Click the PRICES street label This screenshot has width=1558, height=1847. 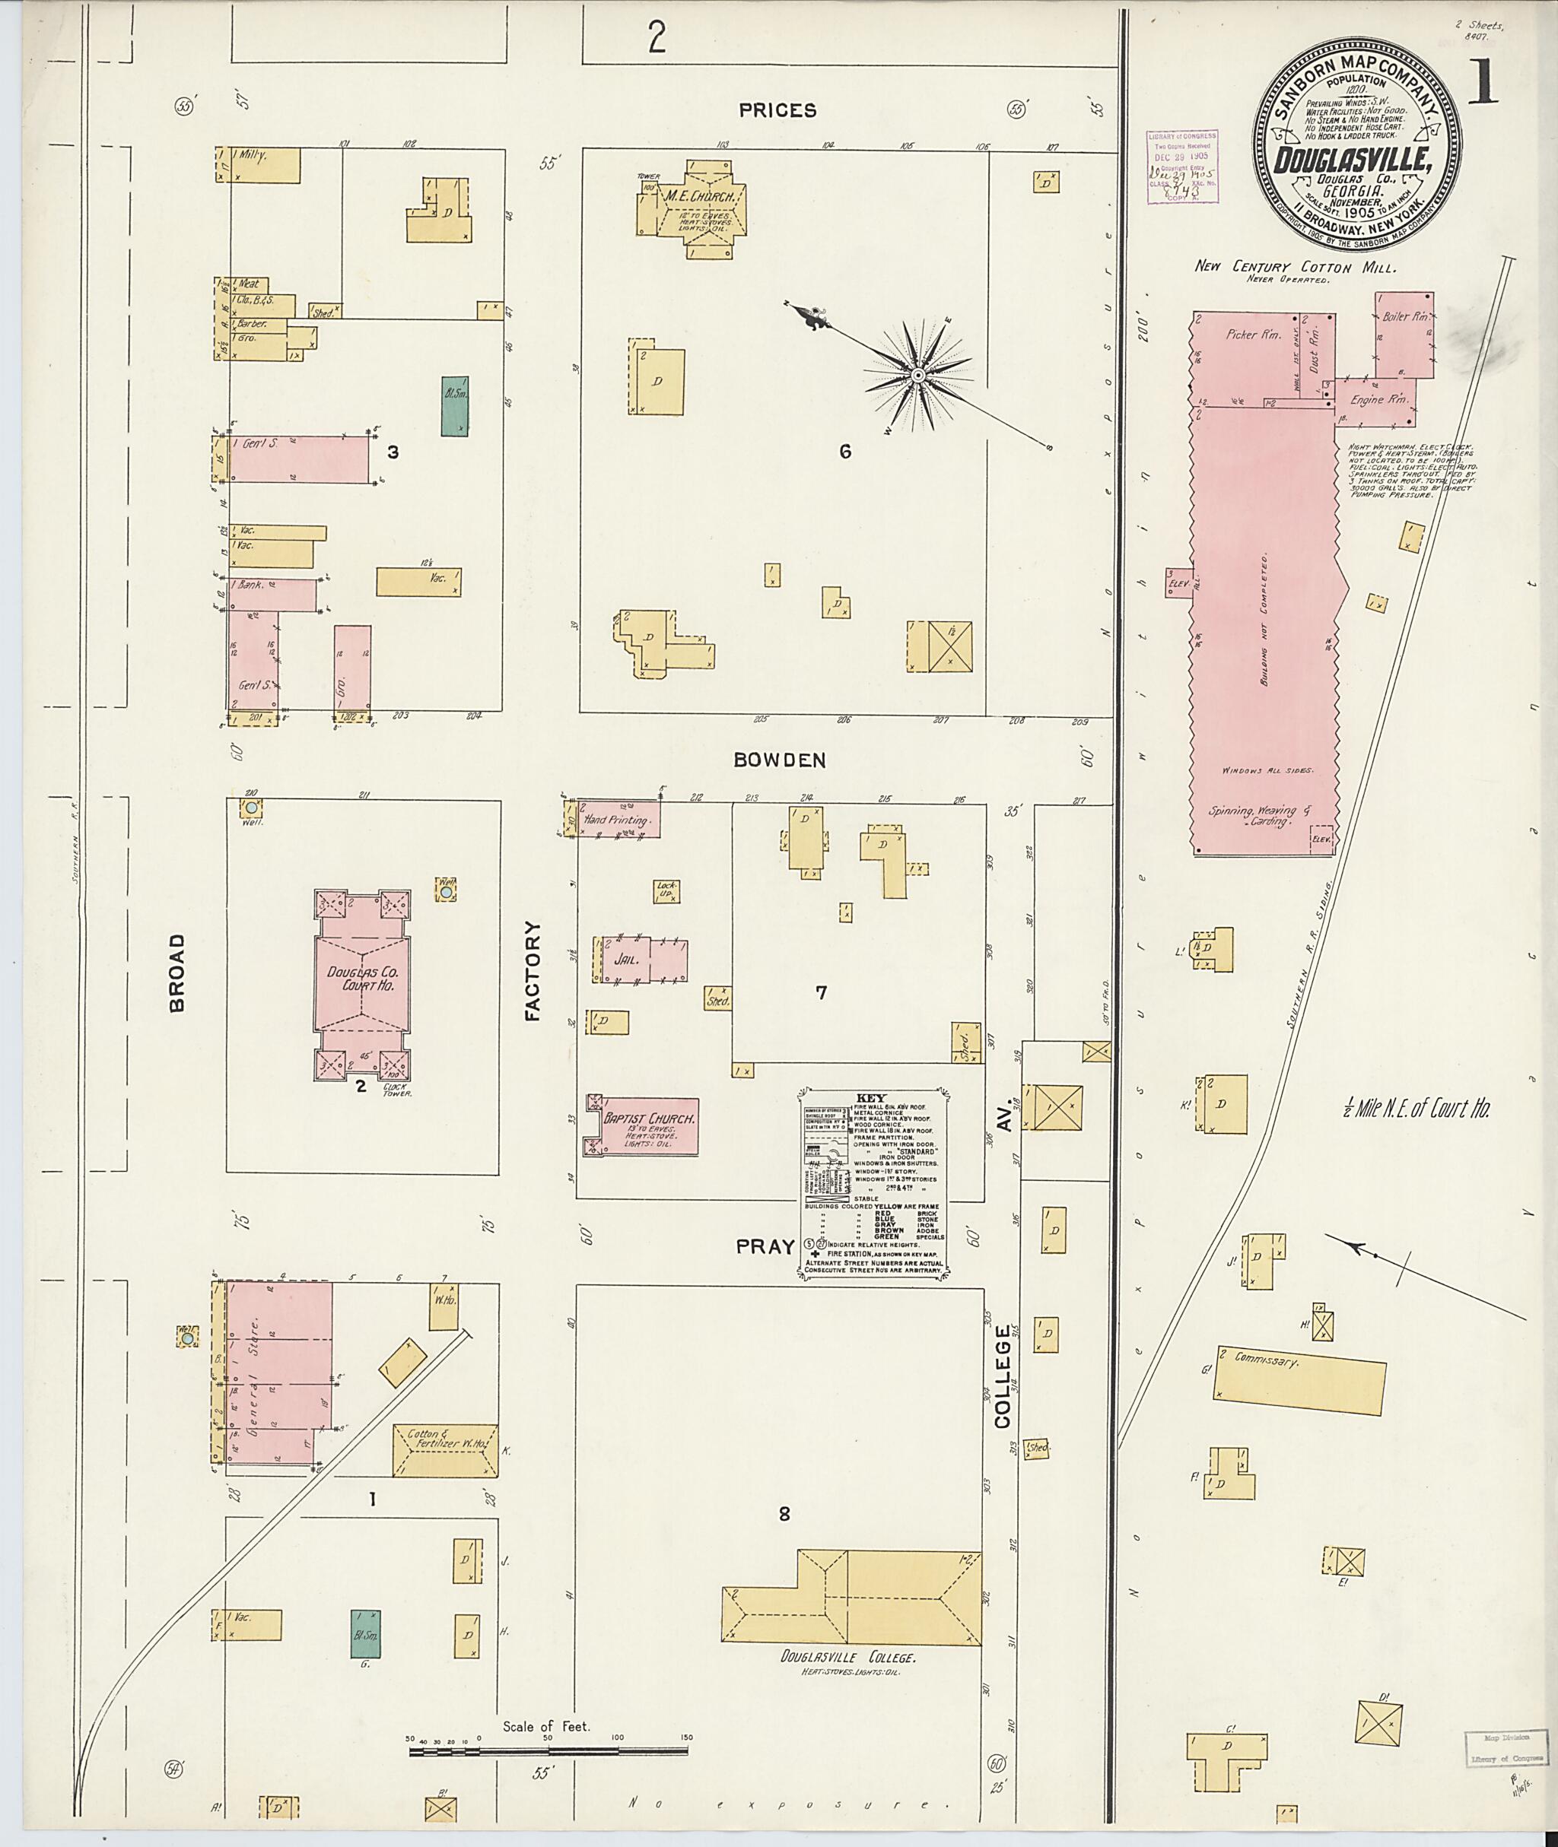tap(777, 110)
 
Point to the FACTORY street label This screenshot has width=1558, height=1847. tap(532, 971)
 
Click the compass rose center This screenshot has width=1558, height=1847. tap(917, 376)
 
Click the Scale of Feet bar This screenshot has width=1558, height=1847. tap(548, 1750)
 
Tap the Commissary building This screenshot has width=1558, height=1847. tap(1296, 1382)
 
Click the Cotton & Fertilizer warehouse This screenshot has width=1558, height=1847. tap(445, 1450)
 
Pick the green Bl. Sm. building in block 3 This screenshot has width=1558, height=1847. tap(455, 407)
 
